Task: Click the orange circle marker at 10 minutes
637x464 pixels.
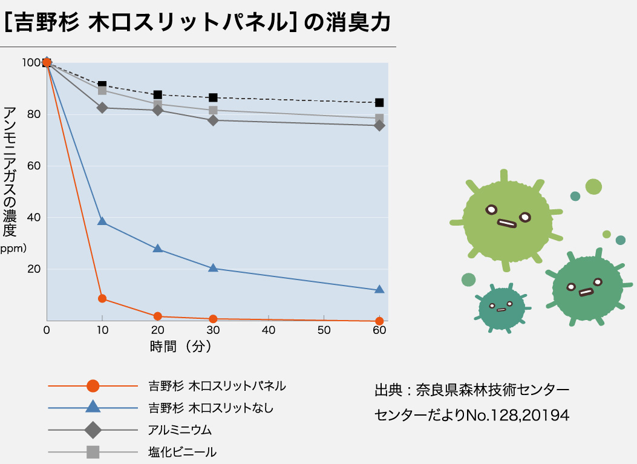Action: [x=102, y=298]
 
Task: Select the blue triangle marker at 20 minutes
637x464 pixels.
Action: [x=158, y=249]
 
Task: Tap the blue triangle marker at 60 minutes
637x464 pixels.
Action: [x=379, y=290]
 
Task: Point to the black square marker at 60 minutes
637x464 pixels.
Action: [x=379, y=103]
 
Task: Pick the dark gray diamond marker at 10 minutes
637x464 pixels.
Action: [x=102, y=108]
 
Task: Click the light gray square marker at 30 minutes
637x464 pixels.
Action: [x=213, y=110]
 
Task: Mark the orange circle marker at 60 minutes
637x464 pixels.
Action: [x=379, y=321]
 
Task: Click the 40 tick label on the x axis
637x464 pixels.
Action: [x=269, y=330]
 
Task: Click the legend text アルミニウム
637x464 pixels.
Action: [x=180, y=430]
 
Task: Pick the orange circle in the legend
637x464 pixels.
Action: [x=93, y=385]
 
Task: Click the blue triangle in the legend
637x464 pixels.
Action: [x=93, y=407]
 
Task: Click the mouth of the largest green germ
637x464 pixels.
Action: [x=506, y=223]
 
